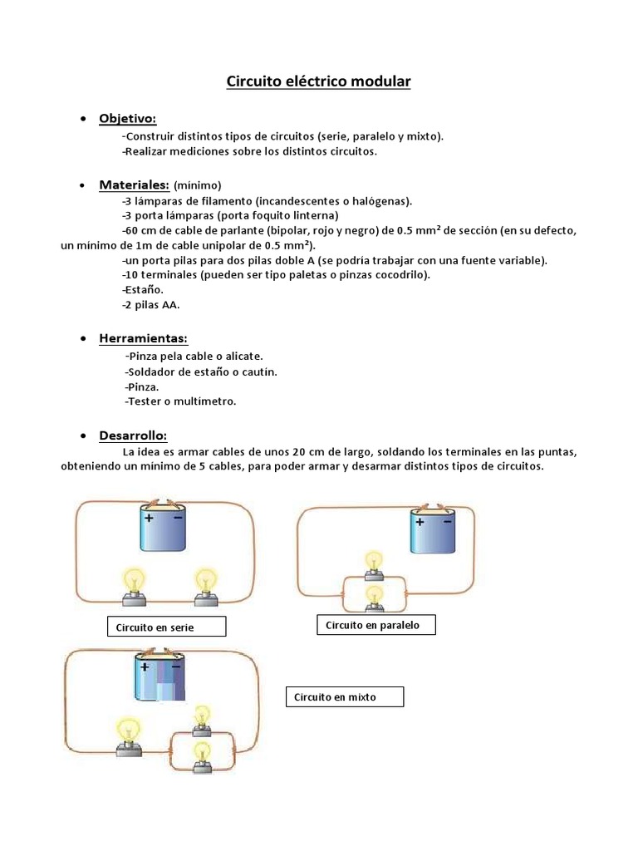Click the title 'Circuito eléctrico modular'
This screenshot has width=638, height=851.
pos(319,81)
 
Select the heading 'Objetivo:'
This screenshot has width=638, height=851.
pos(127,119)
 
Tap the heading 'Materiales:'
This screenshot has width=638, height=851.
pos(135,184)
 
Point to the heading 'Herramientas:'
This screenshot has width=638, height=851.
pos(143,338)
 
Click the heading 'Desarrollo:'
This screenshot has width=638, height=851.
pos(133,435)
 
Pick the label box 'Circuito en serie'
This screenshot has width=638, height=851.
pos(166,627)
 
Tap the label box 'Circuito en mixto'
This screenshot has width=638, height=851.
pos(344,696)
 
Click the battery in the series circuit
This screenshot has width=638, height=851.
pos(164,529)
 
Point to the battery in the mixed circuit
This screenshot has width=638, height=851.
pos(158,678)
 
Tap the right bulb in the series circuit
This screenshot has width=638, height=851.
pos(204,584)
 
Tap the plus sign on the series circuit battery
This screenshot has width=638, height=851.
pos(150,517)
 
